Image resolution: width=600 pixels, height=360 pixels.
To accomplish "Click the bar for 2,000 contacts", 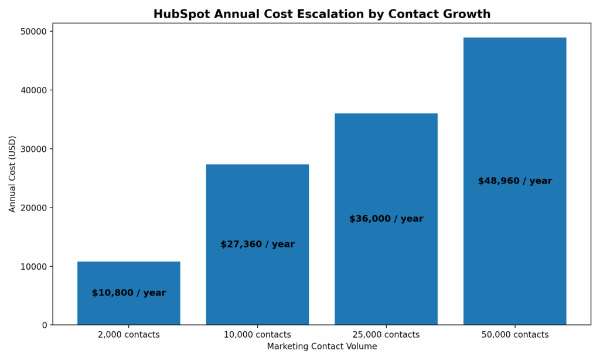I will (x=128, y=276).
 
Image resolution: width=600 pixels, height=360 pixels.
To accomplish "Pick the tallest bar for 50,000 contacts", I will (x=514, y=117).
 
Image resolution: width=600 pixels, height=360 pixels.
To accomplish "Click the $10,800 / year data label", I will (x=129, y=293).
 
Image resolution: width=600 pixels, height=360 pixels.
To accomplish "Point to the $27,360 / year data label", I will (x=257, y=244).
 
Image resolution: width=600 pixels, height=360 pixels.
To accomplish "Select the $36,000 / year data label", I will (x=386, y=219).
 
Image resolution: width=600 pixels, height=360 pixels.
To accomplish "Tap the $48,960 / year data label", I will (x=514, y=181).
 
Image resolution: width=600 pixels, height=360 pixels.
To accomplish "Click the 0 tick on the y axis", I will (x=44, y=325).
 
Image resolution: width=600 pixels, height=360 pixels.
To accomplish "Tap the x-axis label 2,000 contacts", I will (x=128, y=335).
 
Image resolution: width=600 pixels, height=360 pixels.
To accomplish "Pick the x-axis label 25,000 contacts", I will (x=386, y=335).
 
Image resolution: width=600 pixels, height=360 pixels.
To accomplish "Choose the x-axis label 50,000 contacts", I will (x=514, y=335).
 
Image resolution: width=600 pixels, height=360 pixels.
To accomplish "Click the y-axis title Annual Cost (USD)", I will (x=13, y=174).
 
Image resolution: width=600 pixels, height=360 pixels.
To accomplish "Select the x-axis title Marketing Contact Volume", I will (x=322, y=347).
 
